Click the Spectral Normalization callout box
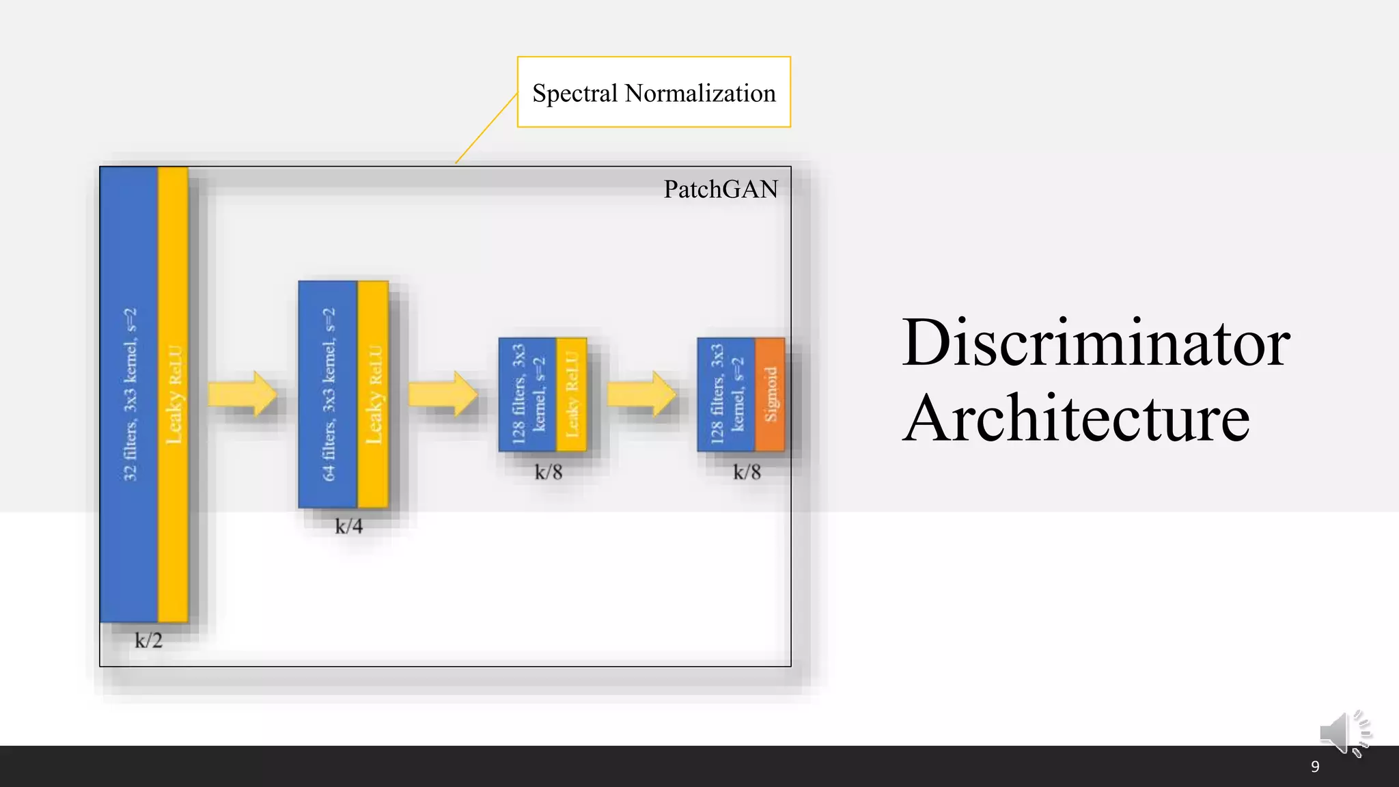654,92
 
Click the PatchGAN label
720,189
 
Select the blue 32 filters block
129,394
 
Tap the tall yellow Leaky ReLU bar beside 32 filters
174,394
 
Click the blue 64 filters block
328,394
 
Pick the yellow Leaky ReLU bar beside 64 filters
373,394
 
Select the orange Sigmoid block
770,394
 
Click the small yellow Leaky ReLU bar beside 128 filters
572,394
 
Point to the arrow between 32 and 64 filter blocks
243,394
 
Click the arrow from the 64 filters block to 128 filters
443,394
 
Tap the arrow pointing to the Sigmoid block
641,394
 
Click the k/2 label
148,641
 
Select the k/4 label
348,526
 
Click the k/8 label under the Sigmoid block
747,472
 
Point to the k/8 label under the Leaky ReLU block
548,472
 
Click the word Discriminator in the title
1096,343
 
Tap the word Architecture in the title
1076,418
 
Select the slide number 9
1315,767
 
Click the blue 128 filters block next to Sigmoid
725,394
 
